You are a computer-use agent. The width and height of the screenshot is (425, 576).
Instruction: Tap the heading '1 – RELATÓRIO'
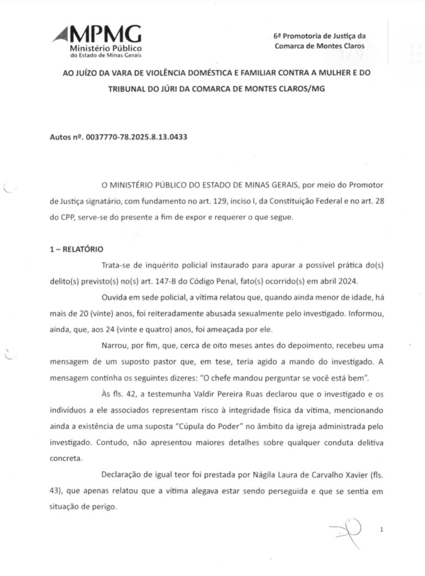tap(76, 249)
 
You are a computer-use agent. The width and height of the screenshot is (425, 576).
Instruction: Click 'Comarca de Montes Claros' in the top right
tap(320, 46)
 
